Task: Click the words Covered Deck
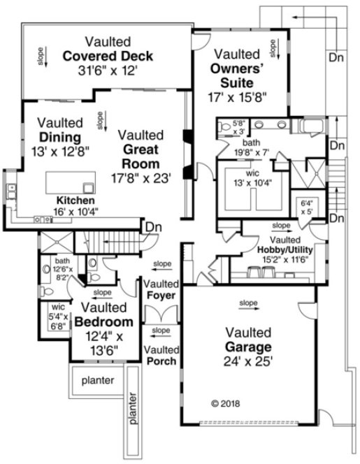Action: pyautogui.click(x=107, y=56)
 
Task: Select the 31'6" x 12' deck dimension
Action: pyautogui.click(x=107, y=71)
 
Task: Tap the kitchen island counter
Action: pyautogui.click(x=71, y=183)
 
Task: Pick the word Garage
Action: pyautogui.click(x=247, y=347)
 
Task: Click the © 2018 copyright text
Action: pyautogui.click(x=224, y=403)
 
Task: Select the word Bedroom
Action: pyautogui.click(x=103, y=322)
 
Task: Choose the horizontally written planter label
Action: pyautogui.click(x=96, y=382)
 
